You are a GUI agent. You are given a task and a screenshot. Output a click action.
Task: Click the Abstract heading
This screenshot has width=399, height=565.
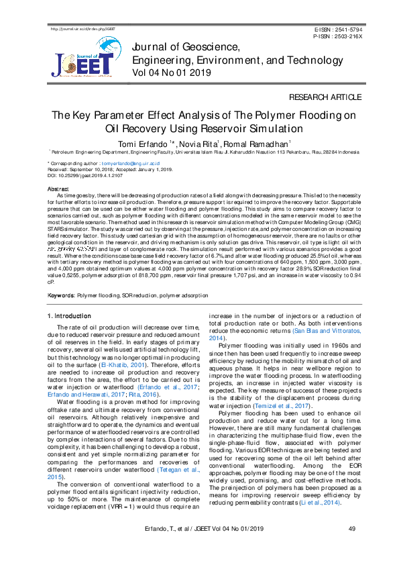click(57, 190)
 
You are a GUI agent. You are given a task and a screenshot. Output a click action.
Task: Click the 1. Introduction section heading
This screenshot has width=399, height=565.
click(70, 315)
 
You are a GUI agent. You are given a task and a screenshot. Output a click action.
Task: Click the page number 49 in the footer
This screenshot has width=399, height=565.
click(351, 548)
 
